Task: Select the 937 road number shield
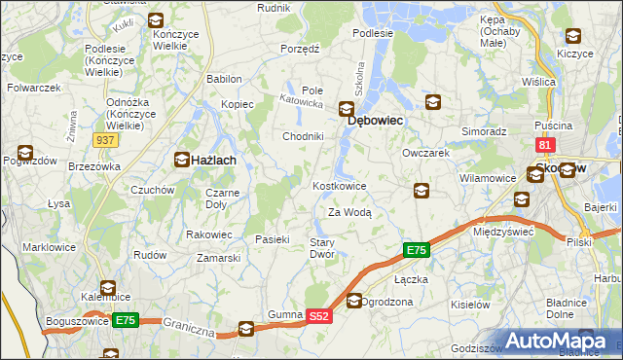107,140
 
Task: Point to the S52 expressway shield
320,316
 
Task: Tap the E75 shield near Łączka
416,251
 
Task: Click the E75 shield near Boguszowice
125,320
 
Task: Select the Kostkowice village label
339,186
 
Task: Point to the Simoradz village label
484,130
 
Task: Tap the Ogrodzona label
388,302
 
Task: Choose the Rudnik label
274,7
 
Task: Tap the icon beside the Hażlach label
182,159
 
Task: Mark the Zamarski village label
218,258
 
